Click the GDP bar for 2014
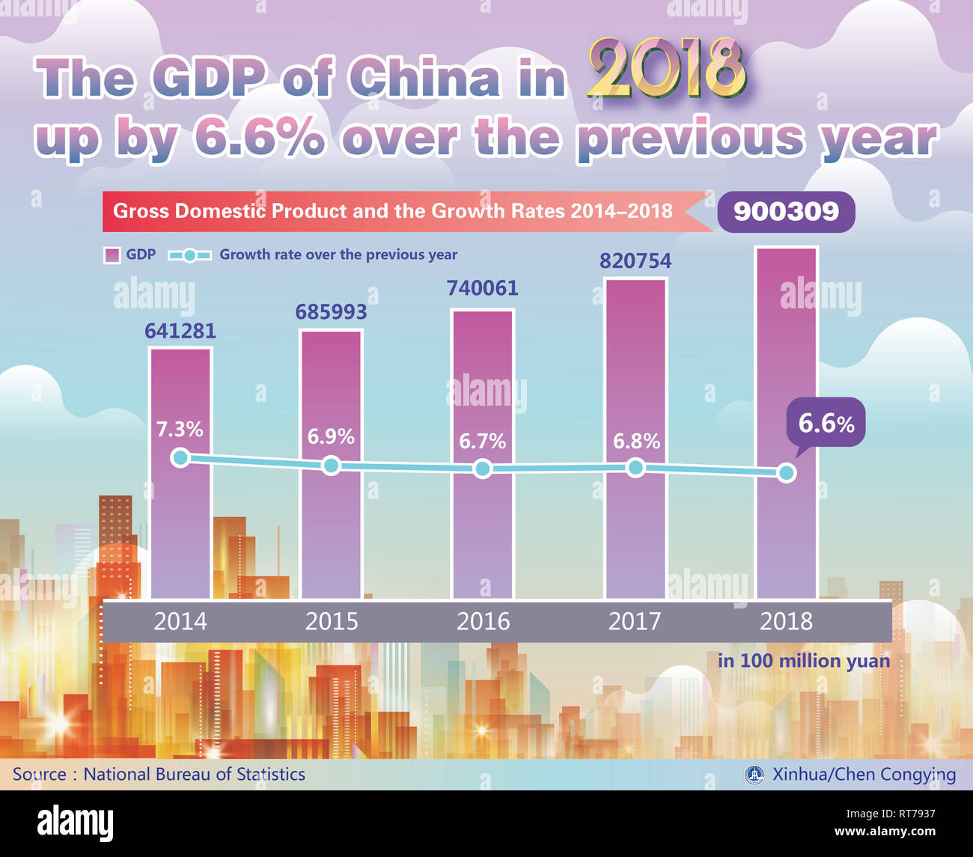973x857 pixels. pos(180,524)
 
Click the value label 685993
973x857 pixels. pos(331,312)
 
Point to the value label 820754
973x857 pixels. pos(635,261)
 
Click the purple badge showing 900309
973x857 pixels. pos(786,212)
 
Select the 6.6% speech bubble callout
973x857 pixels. pos(826,424)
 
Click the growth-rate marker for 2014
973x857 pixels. pos(180,457)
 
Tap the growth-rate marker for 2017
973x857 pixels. pos(635,468)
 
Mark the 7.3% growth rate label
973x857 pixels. pos(180,430)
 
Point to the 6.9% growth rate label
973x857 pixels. pos(331,436)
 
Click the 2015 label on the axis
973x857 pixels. pos(331,621)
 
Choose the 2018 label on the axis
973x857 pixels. pos(786,621)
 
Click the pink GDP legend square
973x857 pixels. pos(111,255)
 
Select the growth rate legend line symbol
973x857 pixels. pos(189,255)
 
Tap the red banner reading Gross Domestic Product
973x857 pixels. pos(393,211)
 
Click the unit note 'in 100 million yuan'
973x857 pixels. pos(804,661)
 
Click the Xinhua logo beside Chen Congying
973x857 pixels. pos(754,775)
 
